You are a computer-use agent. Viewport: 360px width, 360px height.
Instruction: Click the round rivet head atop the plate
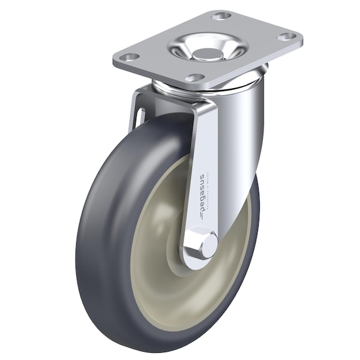point(208,55)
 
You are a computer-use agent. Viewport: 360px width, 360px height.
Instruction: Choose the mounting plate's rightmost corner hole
point(288,37)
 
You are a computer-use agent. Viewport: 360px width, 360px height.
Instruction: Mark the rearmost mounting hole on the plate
point(221,16)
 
